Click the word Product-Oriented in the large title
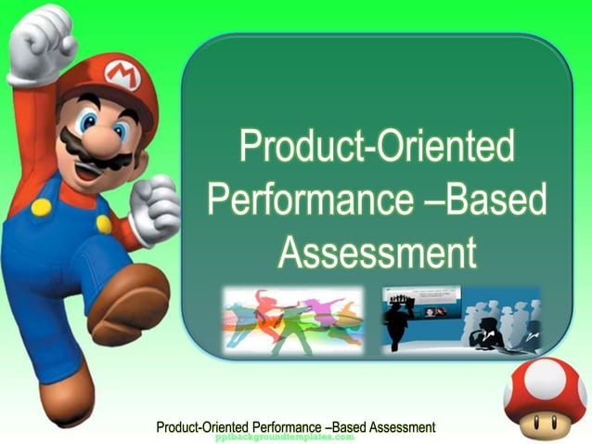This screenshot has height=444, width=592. point(376,149)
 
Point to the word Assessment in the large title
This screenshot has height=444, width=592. point(377,251)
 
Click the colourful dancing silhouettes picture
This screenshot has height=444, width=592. point(292,320)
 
